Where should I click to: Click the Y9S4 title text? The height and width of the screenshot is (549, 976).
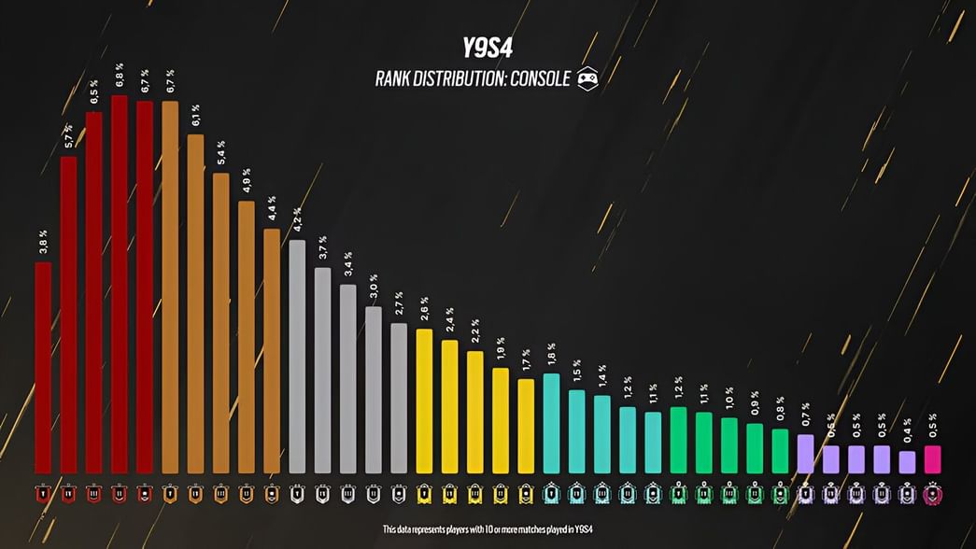point(487,49)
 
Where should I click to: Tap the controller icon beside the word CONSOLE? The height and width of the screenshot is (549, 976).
point(587,78)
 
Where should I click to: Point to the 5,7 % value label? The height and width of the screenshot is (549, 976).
point(68,138)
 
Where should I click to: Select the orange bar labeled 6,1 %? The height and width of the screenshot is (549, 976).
point(195,303)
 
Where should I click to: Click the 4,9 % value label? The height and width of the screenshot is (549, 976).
point(246,182)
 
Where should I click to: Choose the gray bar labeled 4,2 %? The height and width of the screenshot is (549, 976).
point(297,356)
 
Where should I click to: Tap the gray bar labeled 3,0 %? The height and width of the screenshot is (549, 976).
point(373,389)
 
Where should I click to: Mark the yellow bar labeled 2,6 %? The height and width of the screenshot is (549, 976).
point(424,401)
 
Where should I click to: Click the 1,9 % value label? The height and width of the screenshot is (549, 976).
point(500,349)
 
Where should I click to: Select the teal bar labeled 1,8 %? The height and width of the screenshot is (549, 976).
point(551,423)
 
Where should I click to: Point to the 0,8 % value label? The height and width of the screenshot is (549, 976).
point(779,411)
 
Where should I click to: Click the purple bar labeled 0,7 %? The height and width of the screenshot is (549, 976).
point(805,453)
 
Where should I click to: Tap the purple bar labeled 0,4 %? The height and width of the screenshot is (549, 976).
point(907,462)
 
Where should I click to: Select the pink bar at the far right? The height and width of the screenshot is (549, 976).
point(932,459)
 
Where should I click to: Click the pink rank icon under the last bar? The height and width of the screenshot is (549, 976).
point(932,495)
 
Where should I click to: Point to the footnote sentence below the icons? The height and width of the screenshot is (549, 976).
point(488,529)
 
